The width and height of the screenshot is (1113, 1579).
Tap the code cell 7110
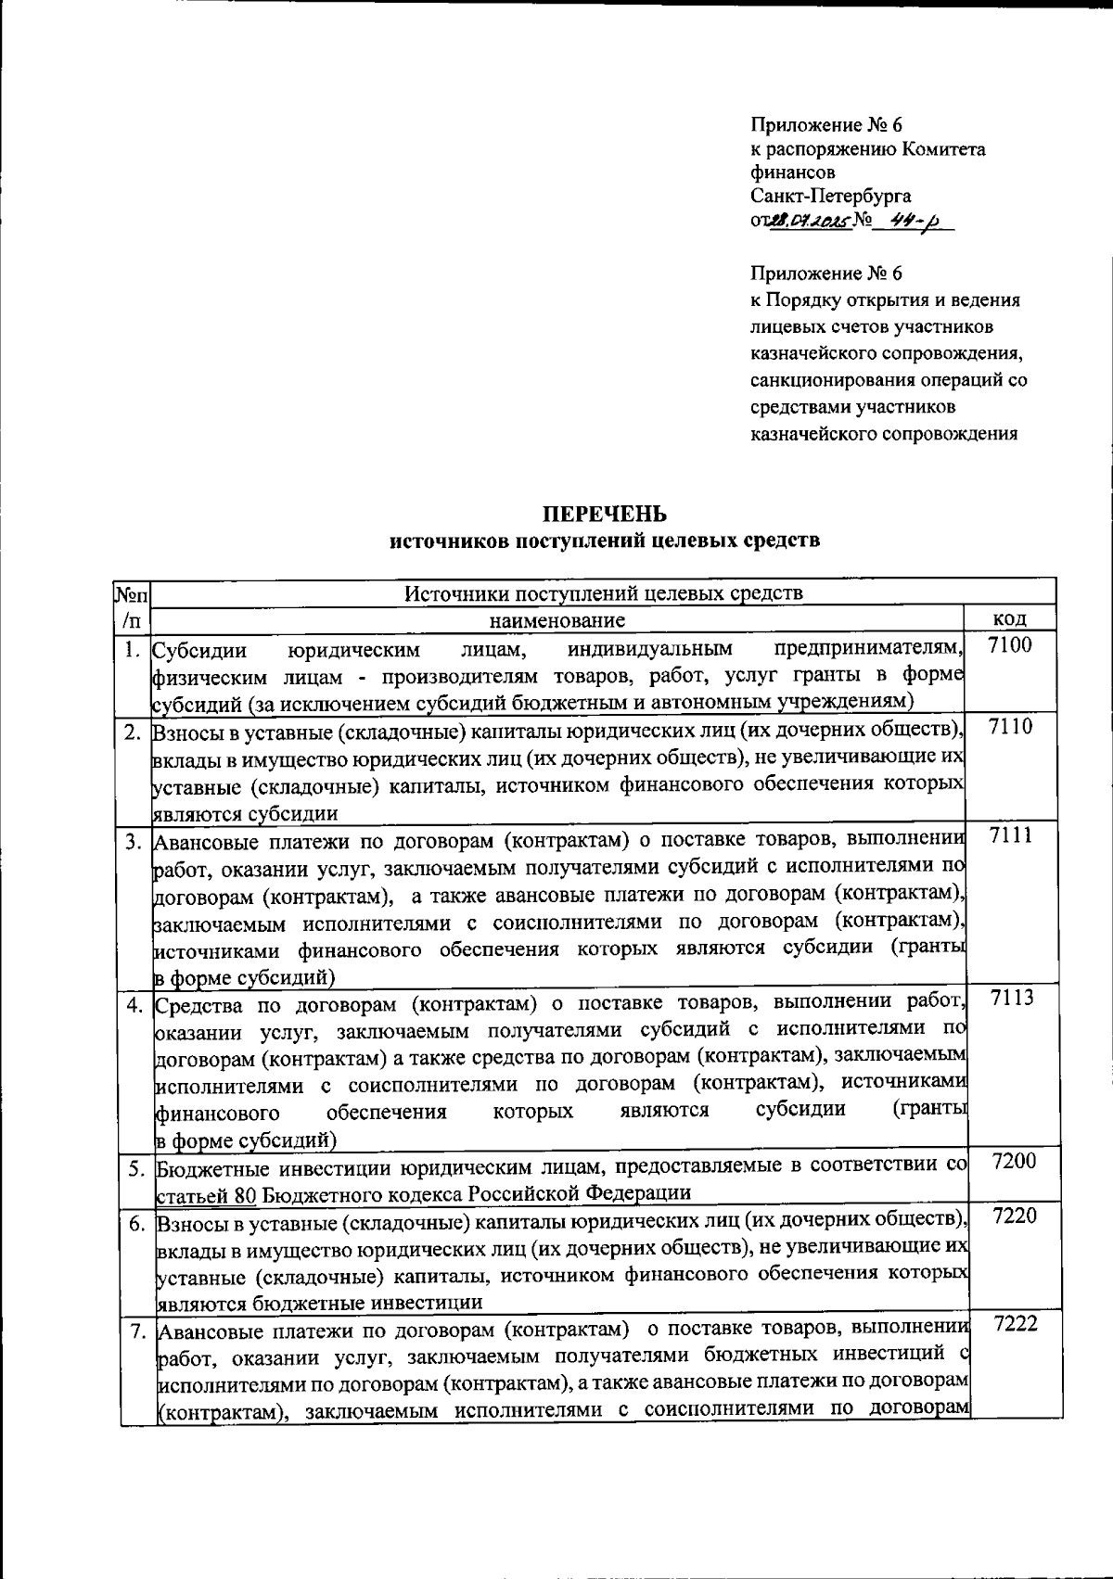click(x=1009, y=727)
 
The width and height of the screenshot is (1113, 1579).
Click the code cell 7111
click(x=1010, y=835)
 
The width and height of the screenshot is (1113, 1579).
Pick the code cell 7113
click(x=1010, y=999)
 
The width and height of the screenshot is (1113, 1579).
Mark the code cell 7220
click(x=1013, y=1216)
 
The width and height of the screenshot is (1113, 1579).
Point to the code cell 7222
click(x=1014, y=1325)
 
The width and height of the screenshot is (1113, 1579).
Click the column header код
click(x=1009, y=619)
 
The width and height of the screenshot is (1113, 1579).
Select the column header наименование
click(x=556, y=619)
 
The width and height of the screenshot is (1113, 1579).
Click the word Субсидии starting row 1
click(x=199, y=649)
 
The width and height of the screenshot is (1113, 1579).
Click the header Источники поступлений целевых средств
click(x=604, y=593)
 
